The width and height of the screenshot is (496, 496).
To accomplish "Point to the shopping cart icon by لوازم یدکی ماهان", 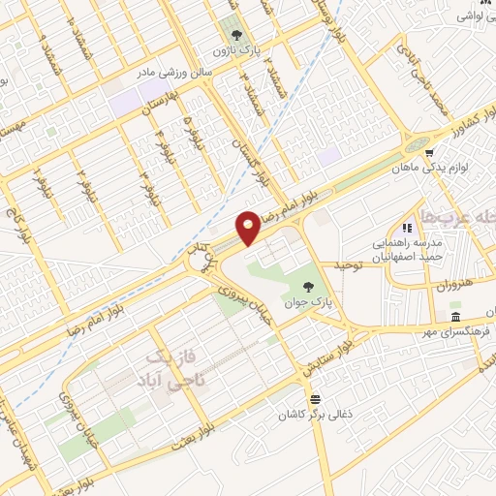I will click(427, 151).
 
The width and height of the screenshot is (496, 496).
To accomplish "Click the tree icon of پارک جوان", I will click(307, 287).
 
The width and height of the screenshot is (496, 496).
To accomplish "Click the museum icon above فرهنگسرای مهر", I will click(455, 318).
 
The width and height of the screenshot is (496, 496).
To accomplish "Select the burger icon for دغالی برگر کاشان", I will click(313, 399).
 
